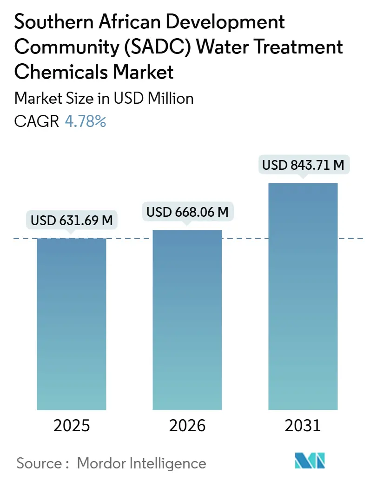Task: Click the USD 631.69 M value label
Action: pyautogui.click(x=72, y=220)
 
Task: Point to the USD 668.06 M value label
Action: pyautogui.click(x=187, y=212)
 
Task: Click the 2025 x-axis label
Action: pyautogui.click(x=72, y=426)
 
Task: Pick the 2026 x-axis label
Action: pyautogui.click(x=187, y=426)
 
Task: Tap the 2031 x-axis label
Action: pyautogui.click(x=303, y=426)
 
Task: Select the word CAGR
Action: pyautogui.click(x=37, y=121)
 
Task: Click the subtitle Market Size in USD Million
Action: pyautogui.click(x=104, y=99)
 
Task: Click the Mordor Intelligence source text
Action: pyautogui.click(x=141, y=463)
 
